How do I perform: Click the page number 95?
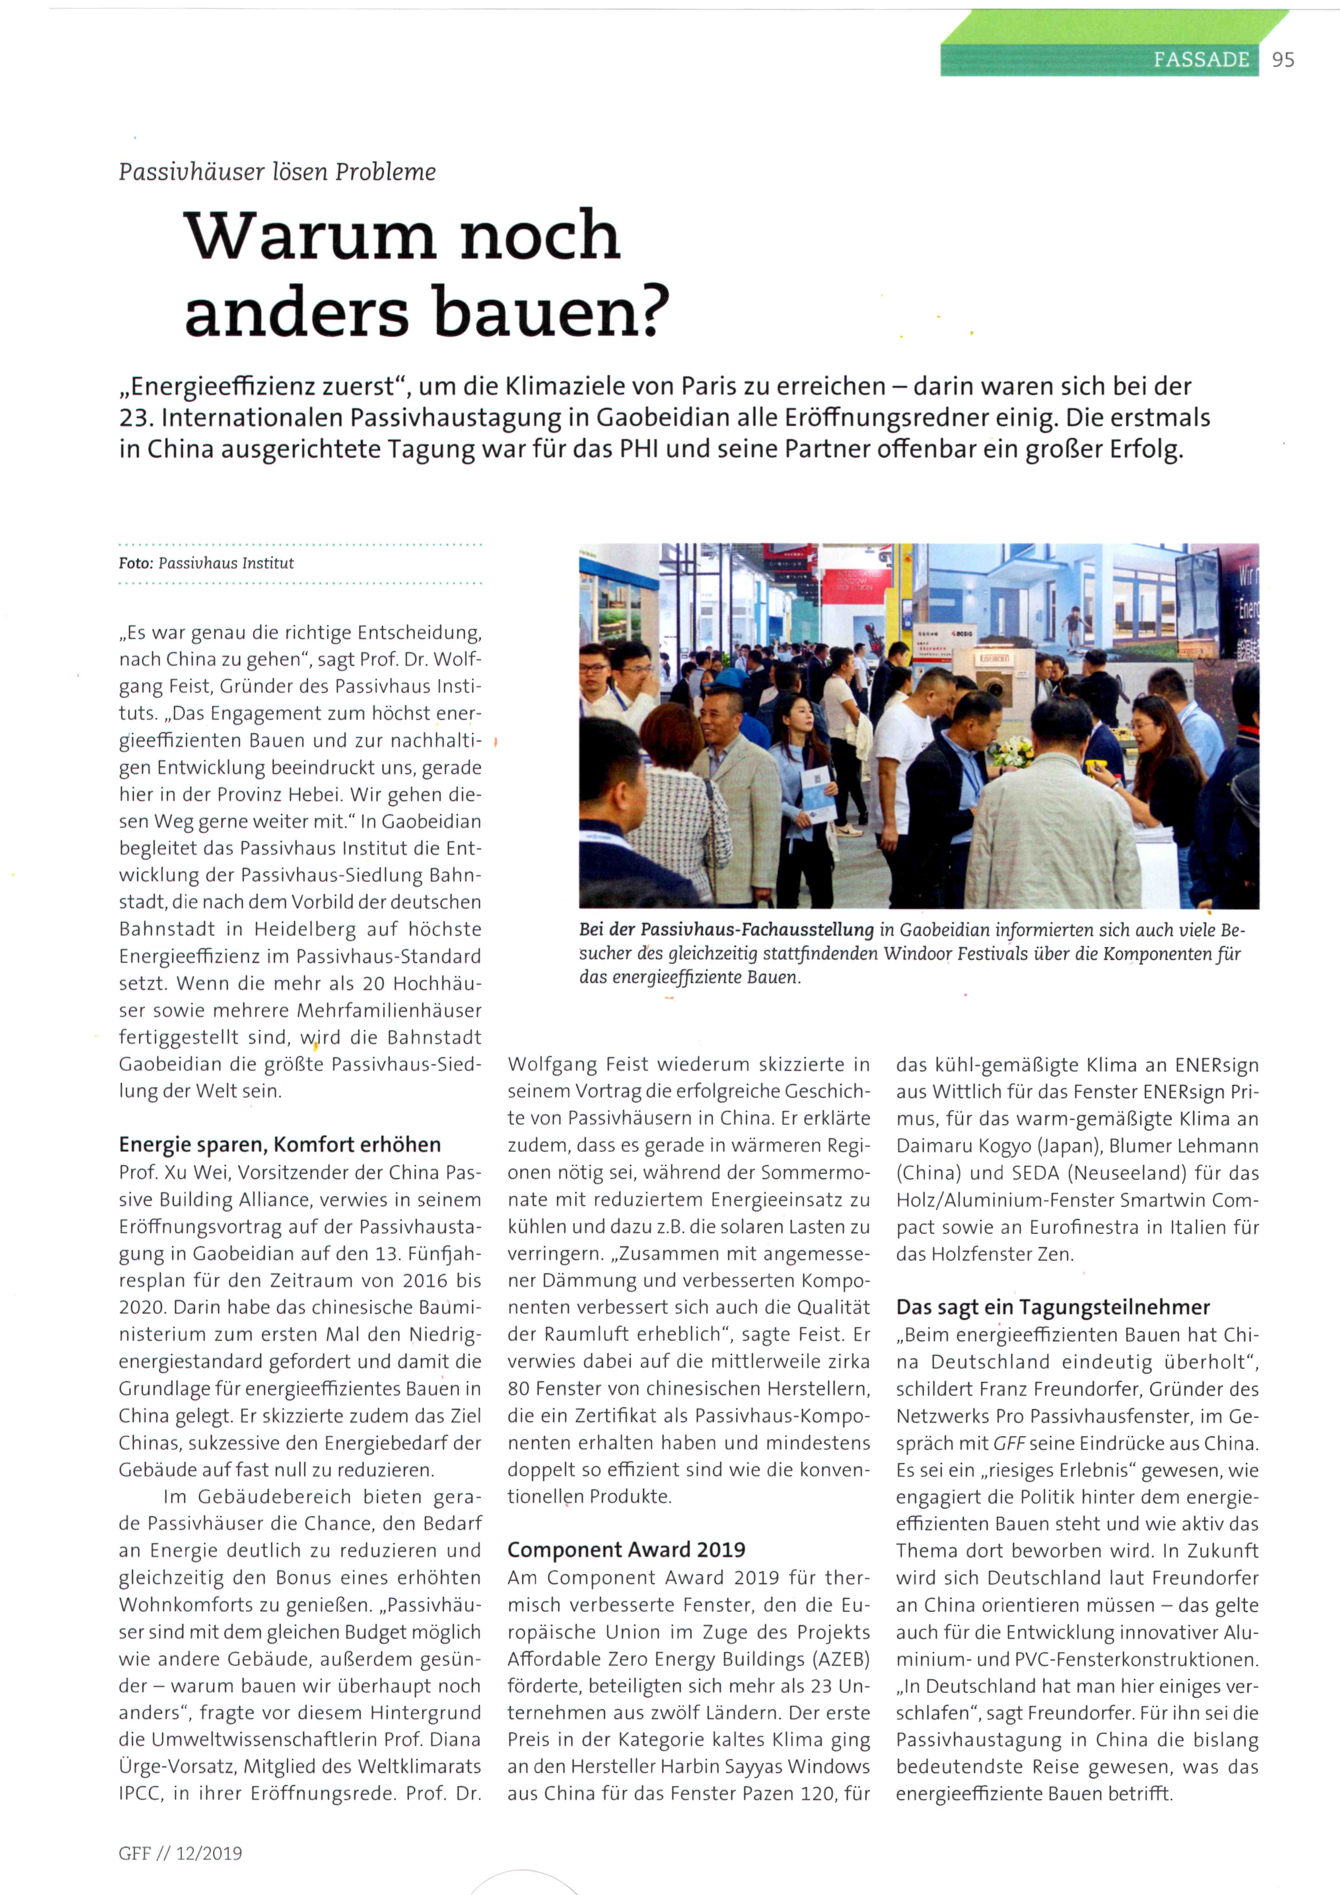(x=1283, y=59)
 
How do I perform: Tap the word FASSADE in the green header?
(x=1201, y=59)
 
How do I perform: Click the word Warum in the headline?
(x=309, y=237)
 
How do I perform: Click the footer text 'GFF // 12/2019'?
(x=180, y=1853)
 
